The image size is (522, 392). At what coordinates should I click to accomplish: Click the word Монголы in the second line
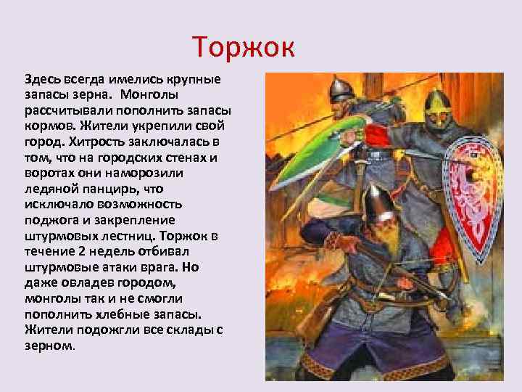coord(154,94)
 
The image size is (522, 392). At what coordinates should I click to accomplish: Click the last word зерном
coord(48,347)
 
